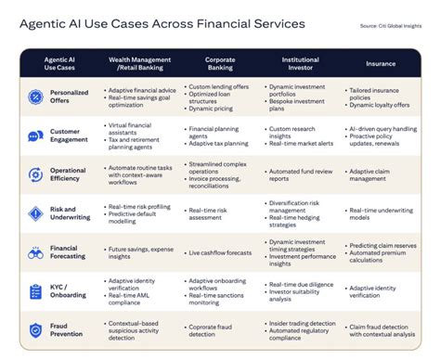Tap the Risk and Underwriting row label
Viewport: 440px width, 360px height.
(x=69, y=212)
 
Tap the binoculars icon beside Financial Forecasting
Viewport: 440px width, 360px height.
(x=34, y=251)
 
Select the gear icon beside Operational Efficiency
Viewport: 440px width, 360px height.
(x=34, y=174)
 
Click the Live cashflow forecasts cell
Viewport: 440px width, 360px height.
(x=219, y=251)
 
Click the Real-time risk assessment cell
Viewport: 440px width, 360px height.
(x=210, y=212)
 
